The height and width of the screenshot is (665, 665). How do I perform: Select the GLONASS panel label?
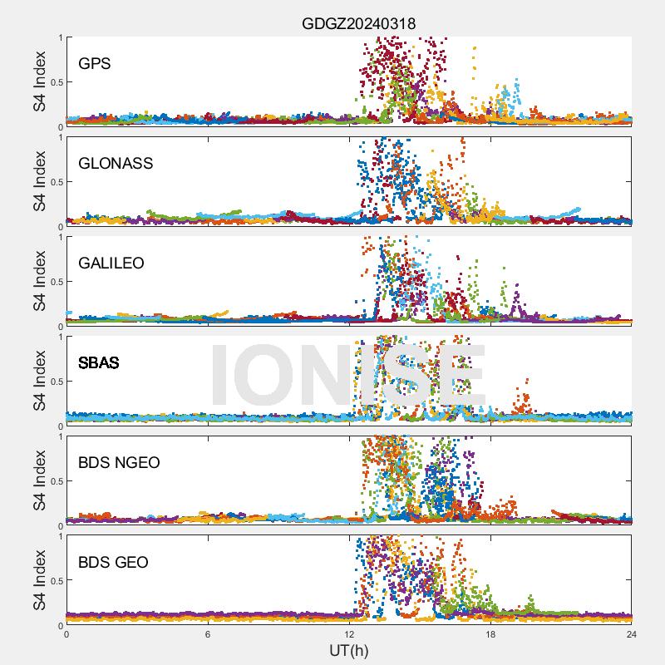[116, 163]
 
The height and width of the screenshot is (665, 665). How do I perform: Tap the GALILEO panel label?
[111, 263]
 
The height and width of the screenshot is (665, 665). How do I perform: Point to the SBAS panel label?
[98, 362]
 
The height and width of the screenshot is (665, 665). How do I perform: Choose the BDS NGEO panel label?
[118, 463]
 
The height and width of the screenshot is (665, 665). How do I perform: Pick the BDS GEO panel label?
[113, 563]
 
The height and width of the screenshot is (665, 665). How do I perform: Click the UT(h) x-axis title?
[349, 649]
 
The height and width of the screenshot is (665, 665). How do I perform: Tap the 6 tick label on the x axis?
[208, 634]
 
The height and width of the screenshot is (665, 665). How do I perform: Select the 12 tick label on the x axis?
[349, 634]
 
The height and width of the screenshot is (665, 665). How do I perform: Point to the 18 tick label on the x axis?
[490, 634]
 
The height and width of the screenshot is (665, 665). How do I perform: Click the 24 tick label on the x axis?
[632, 634]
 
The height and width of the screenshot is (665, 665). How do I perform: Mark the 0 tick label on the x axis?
[66, 634]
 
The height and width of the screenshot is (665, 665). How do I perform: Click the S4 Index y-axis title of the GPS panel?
[39, 81]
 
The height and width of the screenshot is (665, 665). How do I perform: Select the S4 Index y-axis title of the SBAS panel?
[39, 382]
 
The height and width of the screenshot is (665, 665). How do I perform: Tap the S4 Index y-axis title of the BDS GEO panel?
[39, 581]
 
